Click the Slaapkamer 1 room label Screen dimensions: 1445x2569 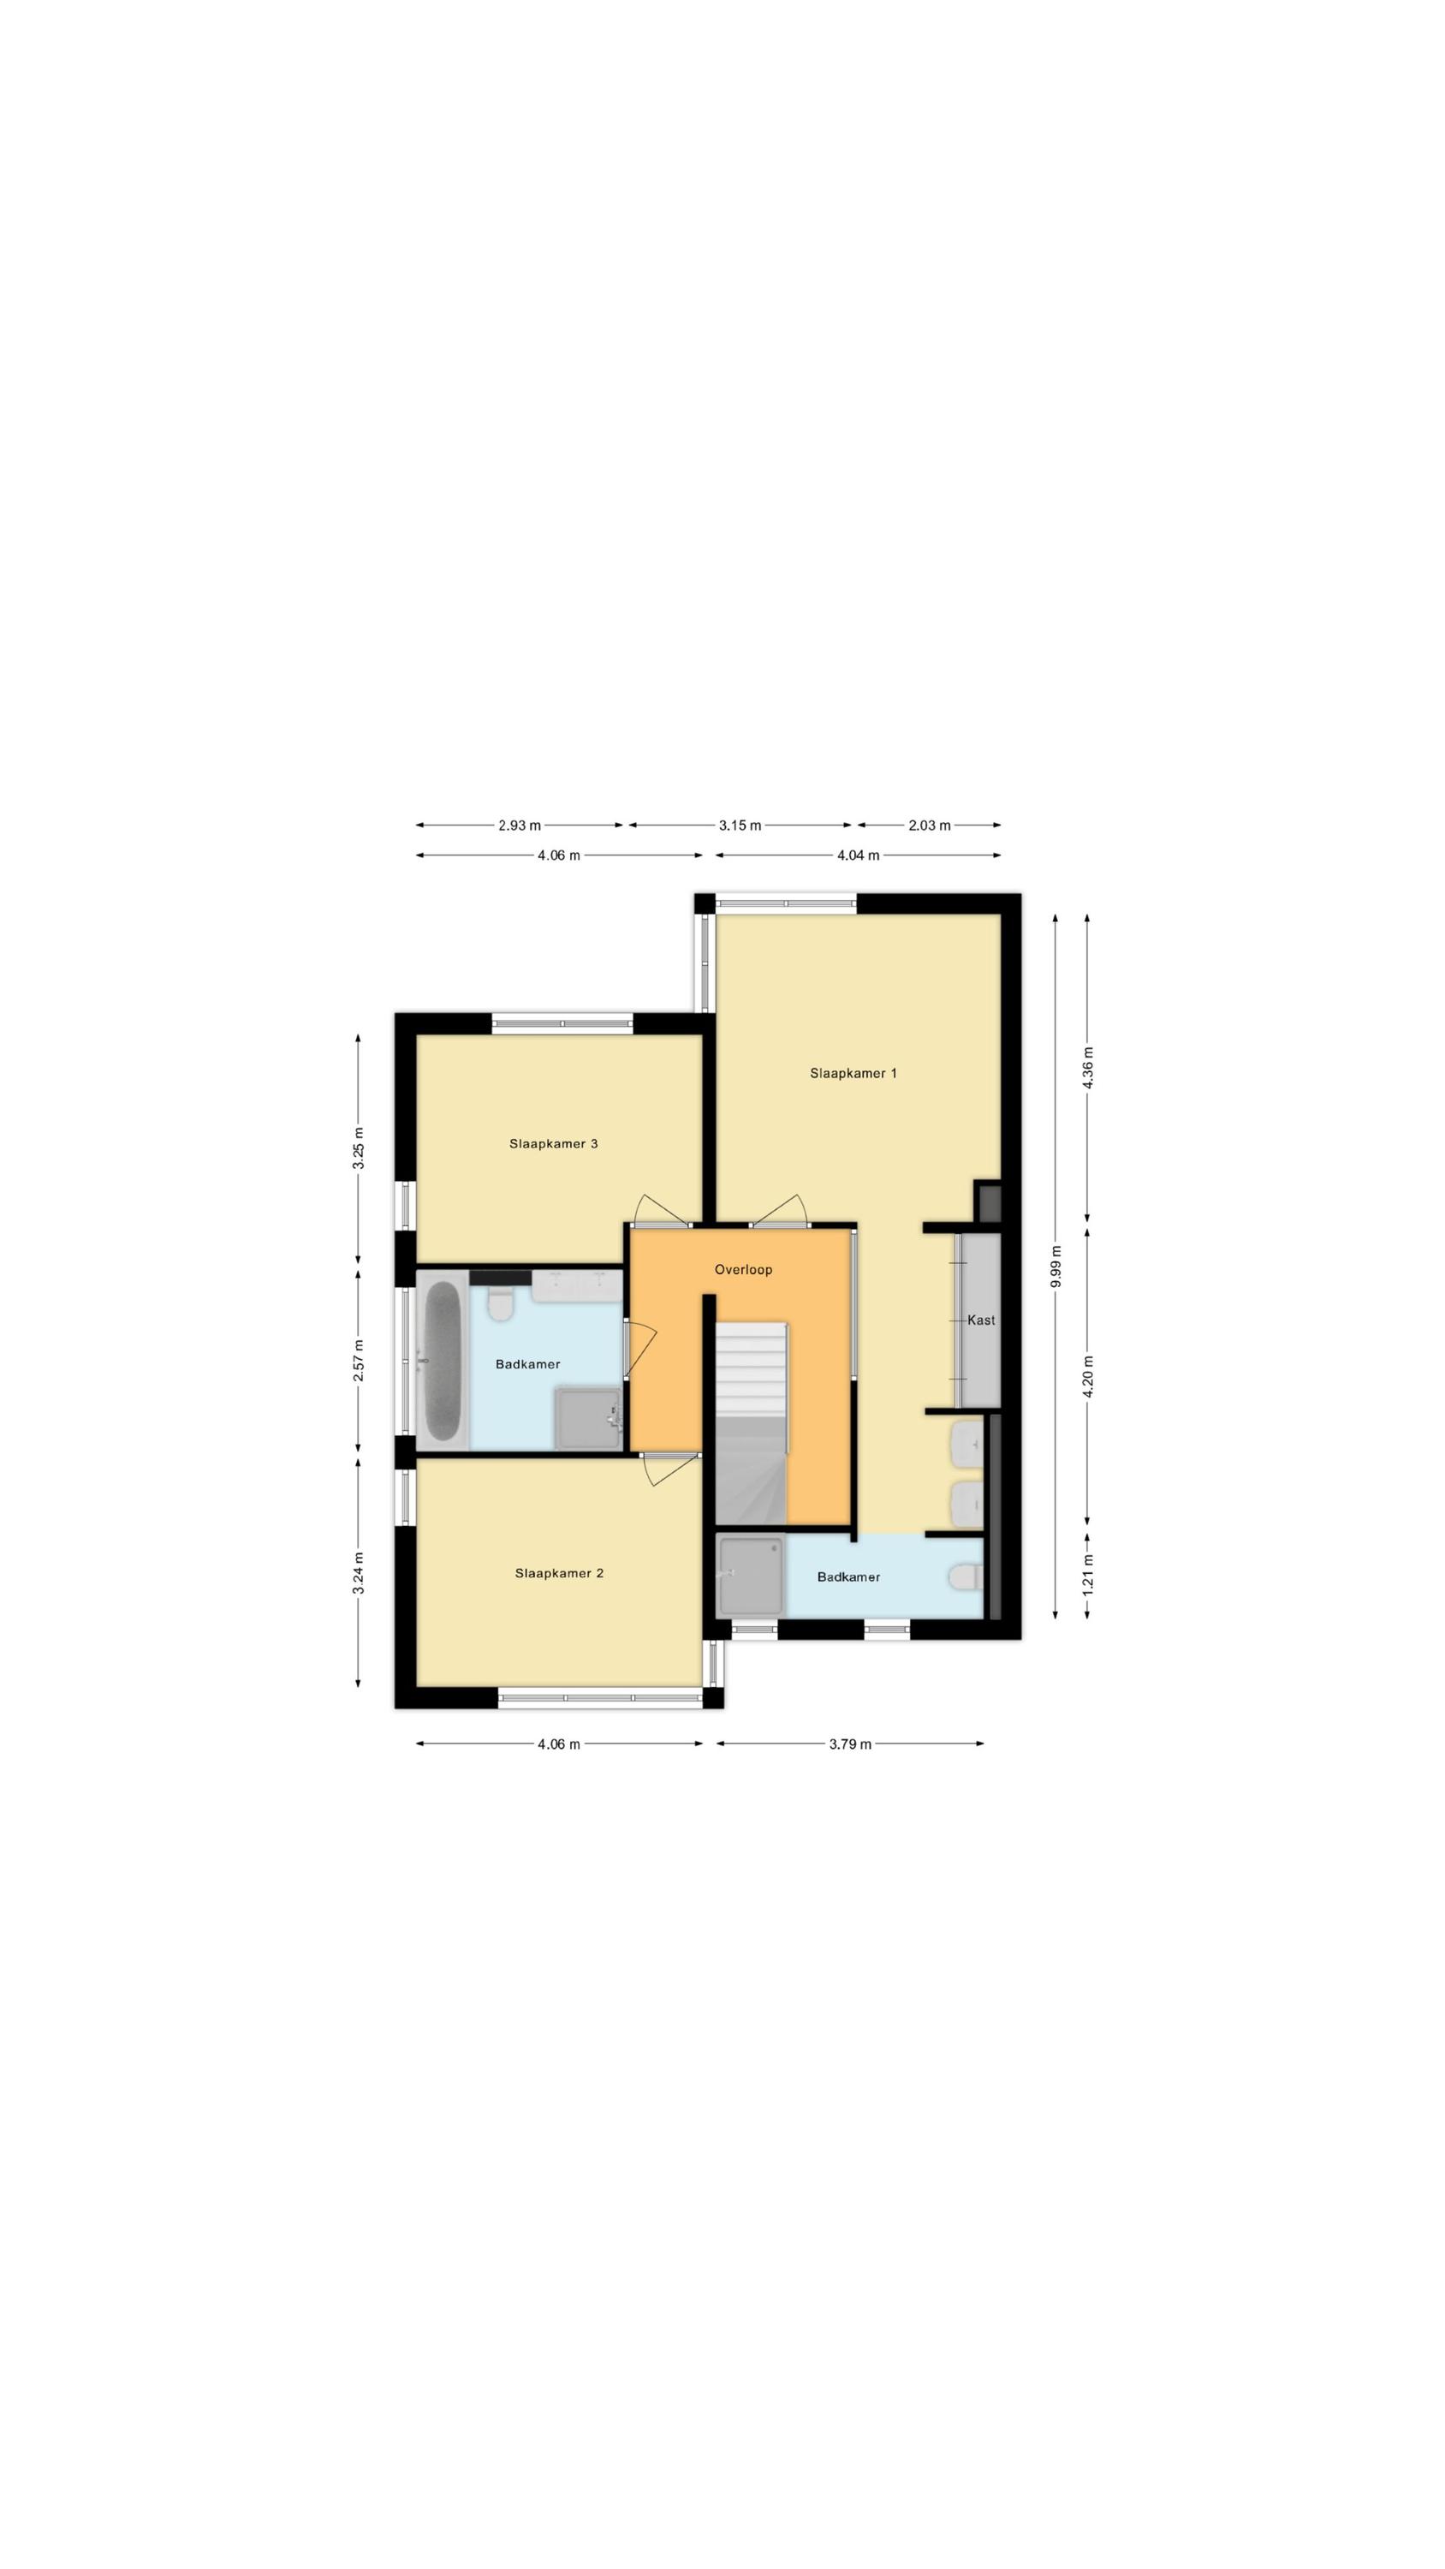(x=853, y=1073)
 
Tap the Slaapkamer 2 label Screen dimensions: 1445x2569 (x=558, y=1573)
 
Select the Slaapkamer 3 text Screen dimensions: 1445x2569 (x=554, y=1143)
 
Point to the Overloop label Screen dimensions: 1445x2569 (x=743, y=1270)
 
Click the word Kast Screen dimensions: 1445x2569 (x=981, y=1320)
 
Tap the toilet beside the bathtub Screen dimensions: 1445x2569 (x=501, y=1302)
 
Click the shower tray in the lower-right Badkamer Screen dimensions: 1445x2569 (x=752, y=1575)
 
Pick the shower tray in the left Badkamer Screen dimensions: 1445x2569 (x=589, y=1417)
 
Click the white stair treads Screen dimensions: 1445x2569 (x=752, y=1368)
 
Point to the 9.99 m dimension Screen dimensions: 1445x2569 (x=1056, y=1266)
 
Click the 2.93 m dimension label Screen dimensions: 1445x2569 (x=520, y=825)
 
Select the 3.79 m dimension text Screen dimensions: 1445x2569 (x=851, y=1744)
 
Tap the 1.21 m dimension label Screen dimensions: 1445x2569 (x=1088, y=1573)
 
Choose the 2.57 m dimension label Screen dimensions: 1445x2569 (x=358, y=1361)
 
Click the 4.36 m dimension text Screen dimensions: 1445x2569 (x=1088, y=1067)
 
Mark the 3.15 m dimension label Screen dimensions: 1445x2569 (x=740, y=825)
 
